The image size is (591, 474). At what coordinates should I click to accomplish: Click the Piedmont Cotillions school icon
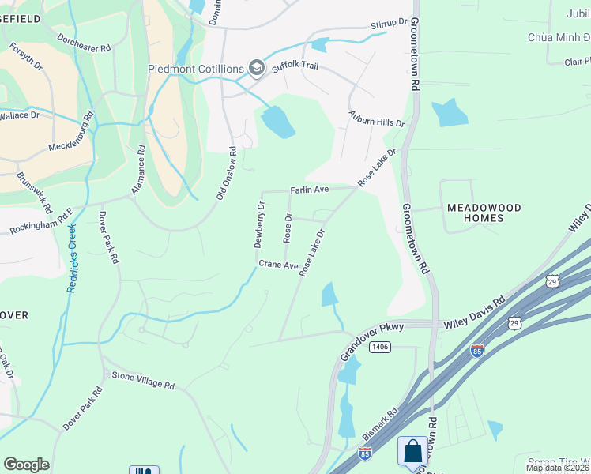pos(256,68)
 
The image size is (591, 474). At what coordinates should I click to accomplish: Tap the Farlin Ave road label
pos(309,190)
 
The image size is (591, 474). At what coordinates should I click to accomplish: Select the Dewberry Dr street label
pos(260,225)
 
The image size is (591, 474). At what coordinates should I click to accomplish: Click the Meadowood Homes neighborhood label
pos(484,213)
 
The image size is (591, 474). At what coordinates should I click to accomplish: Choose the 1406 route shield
pos(381,347)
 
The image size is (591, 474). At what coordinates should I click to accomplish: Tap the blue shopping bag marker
pos(412,453)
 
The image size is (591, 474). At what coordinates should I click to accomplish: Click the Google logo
pos(26,465)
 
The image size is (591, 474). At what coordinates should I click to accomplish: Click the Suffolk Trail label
pos(295,66)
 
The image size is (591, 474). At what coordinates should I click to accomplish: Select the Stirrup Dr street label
pos(389,25)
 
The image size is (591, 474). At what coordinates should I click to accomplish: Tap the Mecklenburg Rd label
pos(59,136)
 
